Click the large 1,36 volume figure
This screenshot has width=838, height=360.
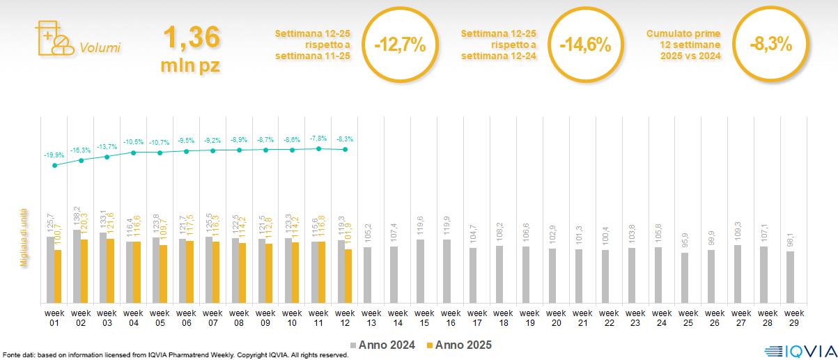click(x=192, y=38)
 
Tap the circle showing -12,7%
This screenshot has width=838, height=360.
click(x=399, y=45)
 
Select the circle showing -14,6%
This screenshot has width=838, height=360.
click(x=585, y=45)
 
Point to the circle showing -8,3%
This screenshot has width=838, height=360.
click(x=770, y=45)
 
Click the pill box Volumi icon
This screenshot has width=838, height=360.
click(x=53, y=39)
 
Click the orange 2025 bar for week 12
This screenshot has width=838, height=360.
click(x=348, y=276)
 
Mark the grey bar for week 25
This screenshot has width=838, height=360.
click(x=685, y=277)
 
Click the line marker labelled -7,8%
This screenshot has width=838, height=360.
click(x=318, y=148)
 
